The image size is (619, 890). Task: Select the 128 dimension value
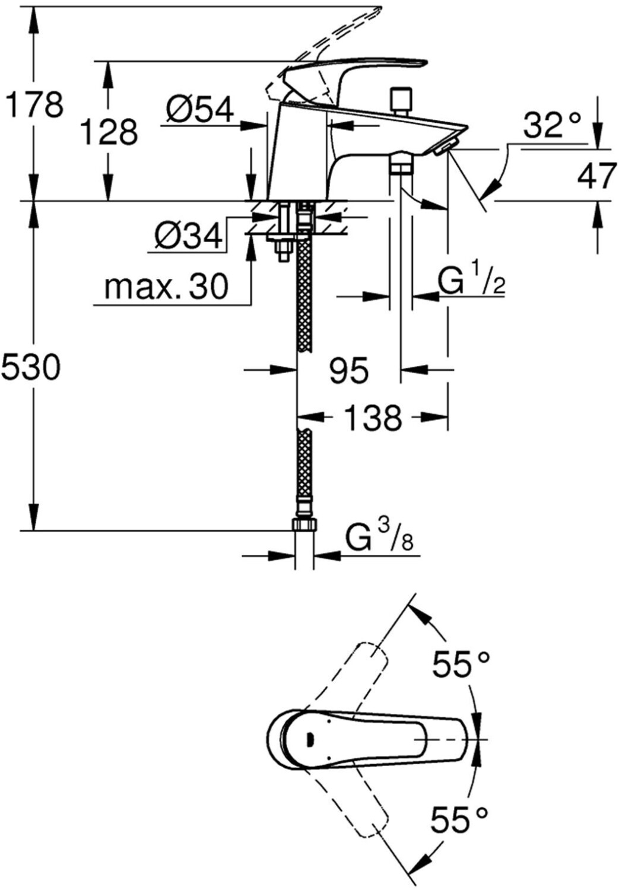tap(109, 132)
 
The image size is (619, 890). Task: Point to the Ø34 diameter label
tap(188, 236)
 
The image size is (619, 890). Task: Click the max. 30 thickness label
tap(166, 287)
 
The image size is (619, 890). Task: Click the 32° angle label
tap(552, 125)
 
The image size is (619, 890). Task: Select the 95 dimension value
tap(349, 370)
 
